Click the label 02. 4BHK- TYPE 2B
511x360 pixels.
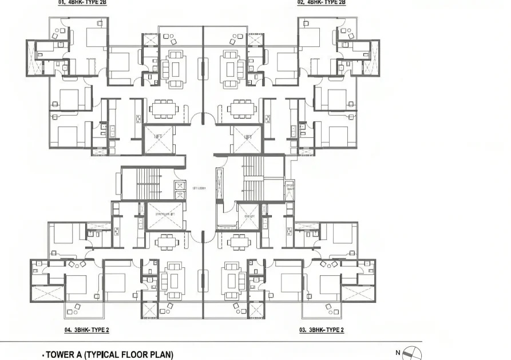click(322, 3)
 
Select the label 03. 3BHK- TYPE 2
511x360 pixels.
click(322, 330)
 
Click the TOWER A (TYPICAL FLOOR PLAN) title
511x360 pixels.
click(109, 355)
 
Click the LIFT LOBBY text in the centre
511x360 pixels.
click(199, 188)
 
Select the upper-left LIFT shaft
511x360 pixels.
click(159, 140)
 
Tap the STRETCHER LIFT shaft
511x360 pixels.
click(165, 216)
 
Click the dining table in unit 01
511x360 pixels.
click(164, 109)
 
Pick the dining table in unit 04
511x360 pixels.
click(166, 242)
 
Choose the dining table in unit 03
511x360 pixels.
click(237, 242)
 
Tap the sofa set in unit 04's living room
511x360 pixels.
click(174, 280)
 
